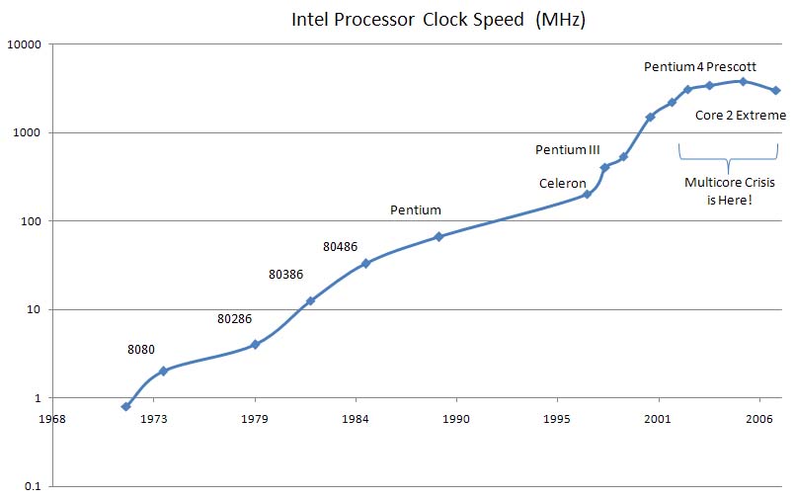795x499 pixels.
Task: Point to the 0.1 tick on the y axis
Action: (29, 486)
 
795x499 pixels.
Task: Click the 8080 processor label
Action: (140, 349)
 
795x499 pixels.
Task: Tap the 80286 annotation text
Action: (235, 319)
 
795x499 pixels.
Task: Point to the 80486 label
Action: (342, 245)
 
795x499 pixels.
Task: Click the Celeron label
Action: (563, 183)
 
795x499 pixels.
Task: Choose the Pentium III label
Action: (568, 149)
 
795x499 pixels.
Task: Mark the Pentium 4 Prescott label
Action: (700, 66)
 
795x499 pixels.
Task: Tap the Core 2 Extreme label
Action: (741, 115)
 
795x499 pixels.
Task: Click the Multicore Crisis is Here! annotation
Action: (730, 191)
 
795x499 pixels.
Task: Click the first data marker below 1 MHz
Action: (126, 406)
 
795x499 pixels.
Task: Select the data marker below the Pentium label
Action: (438, 236)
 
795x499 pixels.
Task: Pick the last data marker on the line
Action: (776, 90)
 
